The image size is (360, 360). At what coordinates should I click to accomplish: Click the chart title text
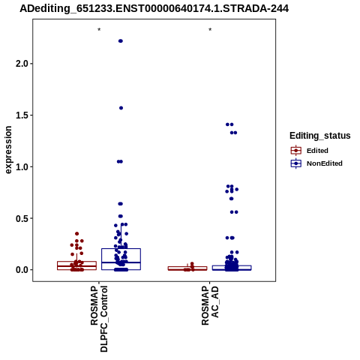point(154,8)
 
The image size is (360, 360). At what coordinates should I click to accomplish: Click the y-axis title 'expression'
point(8,150)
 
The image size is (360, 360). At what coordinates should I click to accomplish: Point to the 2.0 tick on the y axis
point(21,64)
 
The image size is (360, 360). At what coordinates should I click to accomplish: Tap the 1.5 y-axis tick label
point(21,115)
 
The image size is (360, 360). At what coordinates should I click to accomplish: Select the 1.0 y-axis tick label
point(21,166)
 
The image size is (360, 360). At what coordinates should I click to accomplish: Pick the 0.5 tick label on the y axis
point(21,218)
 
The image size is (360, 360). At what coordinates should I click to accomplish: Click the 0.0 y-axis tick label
point(21,270)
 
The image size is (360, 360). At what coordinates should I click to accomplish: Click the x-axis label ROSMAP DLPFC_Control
point(99,319)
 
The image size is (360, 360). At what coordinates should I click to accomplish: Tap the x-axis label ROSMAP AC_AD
point(210,305)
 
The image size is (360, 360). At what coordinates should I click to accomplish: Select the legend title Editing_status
point(320,136)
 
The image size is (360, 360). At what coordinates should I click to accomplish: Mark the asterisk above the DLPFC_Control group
point(99,30)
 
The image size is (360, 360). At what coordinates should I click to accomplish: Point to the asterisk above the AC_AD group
point(210,30)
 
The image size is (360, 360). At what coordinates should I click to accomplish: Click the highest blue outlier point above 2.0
point(121,41)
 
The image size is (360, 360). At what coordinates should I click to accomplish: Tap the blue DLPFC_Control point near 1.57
point(121,108)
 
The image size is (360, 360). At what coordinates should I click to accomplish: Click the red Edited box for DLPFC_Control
point(76,265)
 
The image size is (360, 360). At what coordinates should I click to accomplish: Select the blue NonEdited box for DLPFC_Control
point(121,259)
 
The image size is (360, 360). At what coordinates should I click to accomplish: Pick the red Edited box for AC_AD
point(187,268)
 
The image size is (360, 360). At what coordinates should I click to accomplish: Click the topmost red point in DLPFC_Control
point(77,234)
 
